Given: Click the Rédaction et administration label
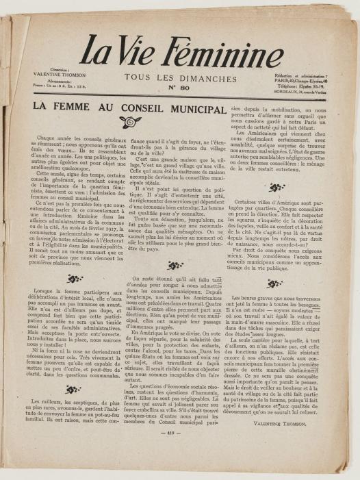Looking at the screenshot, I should point(300,75).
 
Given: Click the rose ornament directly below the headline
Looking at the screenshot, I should point(129,121).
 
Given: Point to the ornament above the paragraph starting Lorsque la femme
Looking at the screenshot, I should point(75,279).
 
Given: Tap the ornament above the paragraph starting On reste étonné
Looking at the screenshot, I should point(176,265).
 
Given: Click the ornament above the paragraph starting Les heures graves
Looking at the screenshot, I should point(277,283).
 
